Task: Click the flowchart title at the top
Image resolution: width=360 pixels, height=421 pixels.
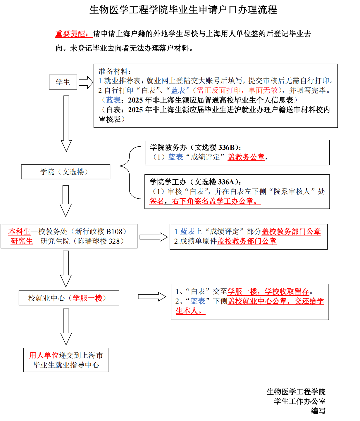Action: pyautogui.click(x=183, y=10)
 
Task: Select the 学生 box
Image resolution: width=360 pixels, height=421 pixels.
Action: pyautogui.click(x=63, y=82)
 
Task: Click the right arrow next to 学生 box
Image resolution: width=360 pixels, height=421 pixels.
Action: pyautogui.click(x=86, y=82)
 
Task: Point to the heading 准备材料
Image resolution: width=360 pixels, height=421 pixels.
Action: pyautogui.click(x=114, y=71)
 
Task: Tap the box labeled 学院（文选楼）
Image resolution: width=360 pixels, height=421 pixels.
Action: pyautogui.click(x=66, y=172)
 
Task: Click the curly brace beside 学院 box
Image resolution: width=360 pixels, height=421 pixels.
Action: pyautogui.click(x=129, y=172)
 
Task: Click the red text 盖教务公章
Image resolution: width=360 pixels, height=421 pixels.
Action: pyautogui.click(x=246, y=157)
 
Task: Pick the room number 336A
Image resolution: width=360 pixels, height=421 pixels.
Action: pyautogui.click(x=226, y=182)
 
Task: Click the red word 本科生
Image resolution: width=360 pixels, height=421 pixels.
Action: pyautogui.click(x=19, y=232)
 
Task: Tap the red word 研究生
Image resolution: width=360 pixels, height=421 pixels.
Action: pyautogui.click(x=22, y=241)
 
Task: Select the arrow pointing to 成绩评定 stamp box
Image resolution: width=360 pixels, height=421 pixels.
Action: pyautogui.click(x=154, y=237)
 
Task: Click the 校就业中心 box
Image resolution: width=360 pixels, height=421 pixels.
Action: pyautogui.click(x=69, y=298)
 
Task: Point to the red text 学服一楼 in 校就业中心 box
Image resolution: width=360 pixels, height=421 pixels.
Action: pyautogui.click(x=87, y=298)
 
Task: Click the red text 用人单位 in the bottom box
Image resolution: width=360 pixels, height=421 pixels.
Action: pyautogui.click(x=44, y=355)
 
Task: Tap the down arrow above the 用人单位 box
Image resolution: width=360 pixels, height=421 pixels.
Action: pyautogui.click(x=66, y=327)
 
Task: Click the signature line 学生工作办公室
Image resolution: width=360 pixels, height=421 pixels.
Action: pyautogui.click(x=299, y=401)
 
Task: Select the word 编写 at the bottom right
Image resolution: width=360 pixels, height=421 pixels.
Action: pyautogui.click(x=318, y=411)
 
